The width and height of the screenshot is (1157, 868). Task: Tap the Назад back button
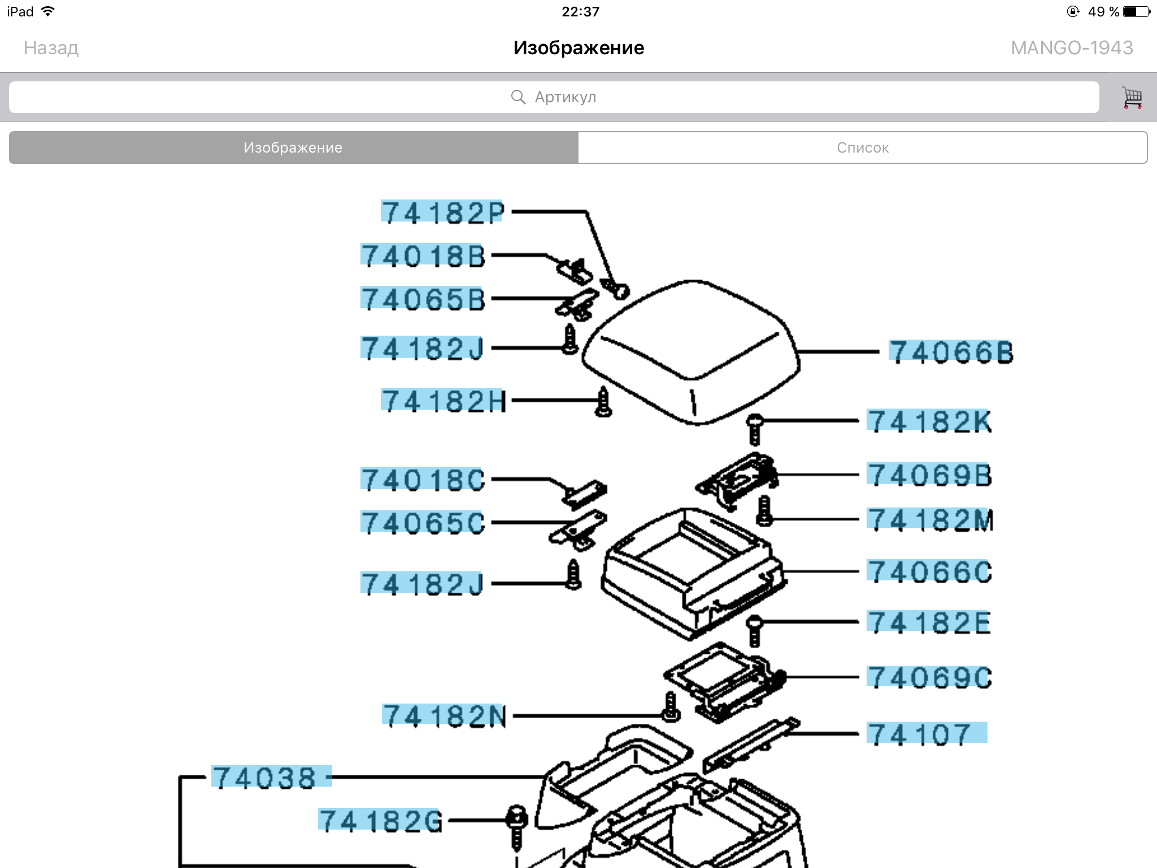pos(51,48)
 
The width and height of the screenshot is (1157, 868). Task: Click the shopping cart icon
pos(1132,97)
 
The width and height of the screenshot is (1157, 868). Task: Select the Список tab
pos(863,147)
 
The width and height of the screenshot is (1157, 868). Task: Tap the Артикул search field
pos(554,97)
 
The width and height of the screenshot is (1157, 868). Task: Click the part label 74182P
pos(442,212)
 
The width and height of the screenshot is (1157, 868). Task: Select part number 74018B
pos(423,255)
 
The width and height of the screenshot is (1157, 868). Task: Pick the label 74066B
pos(951,352)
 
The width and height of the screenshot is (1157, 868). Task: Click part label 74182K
pos(929,422)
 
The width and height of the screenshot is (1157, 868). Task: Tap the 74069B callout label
pos(929,475)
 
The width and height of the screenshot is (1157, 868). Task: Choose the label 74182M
pos(930,520)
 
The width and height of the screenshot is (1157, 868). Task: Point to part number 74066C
pos(929,571)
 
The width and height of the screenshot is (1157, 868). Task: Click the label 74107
pos(927,734)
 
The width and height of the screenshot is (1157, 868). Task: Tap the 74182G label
pos(380,821)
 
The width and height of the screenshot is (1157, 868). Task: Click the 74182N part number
pos(444,716)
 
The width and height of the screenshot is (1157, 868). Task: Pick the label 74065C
pos(423,523)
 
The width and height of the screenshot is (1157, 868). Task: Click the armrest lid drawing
pos(691,351)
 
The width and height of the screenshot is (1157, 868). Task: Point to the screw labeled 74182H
pos(603,402)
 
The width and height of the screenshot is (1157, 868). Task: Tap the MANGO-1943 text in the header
pos(1072,48)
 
